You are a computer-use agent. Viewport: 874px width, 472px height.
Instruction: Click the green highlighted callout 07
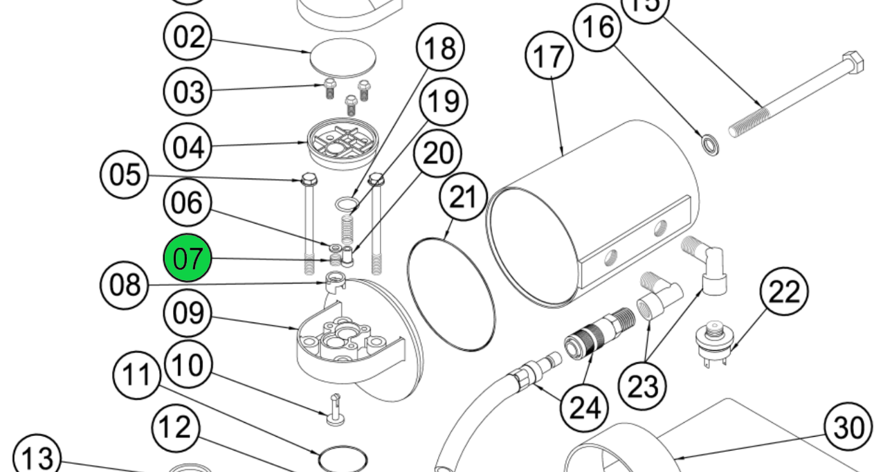[x=187, y=258]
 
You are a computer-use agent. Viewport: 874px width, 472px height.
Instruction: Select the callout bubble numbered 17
[x=550, y=56]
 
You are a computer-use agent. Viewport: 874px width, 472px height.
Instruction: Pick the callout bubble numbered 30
[x=849, y=428]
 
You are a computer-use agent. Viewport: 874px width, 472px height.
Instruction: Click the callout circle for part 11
[x=136, y=375]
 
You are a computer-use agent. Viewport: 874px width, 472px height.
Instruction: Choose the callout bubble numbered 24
[x=583, y=408]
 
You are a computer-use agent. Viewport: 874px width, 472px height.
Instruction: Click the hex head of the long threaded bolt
[x=853, y=63]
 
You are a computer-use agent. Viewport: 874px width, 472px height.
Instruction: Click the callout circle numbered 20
[x=437, y=154]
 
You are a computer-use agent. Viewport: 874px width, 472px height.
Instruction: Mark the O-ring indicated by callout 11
[x=343, y=460]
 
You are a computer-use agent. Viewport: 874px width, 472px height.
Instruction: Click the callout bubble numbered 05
[x=125, y=174]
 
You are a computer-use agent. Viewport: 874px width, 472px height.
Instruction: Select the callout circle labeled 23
[x=642, y=385]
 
